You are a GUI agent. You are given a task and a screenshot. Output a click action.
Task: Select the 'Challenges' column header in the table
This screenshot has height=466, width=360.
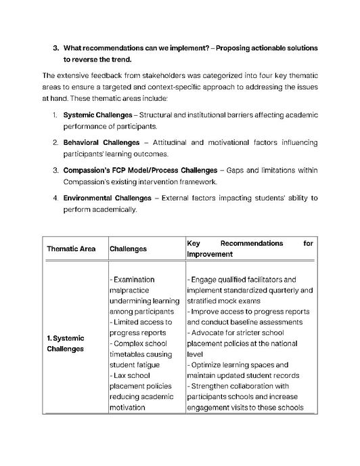tap(128, 249)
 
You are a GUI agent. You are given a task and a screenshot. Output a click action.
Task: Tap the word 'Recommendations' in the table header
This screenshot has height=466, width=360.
tap(252, 242)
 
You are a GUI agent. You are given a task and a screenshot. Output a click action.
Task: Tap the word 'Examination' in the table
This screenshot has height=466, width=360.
tap(134, 279)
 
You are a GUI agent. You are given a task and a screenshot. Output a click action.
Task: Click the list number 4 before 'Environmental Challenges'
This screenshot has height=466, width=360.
tap(55, 198)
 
